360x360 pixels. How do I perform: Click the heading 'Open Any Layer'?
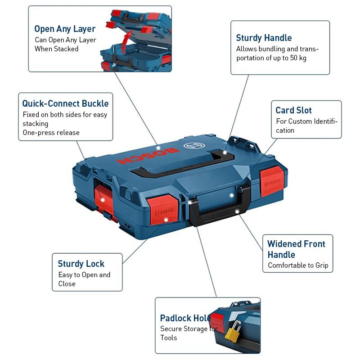[65, 29]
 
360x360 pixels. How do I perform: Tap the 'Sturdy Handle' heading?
[264, 38]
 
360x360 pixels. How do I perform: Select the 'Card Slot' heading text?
[293, 110]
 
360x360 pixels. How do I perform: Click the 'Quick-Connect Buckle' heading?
[65, 103]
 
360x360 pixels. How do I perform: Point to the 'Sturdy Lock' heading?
[81, 264]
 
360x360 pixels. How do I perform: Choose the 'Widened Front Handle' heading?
[296, 249]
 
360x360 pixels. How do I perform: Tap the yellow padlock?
[233, 335]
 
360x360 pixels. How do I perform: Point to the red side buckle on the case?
[103, 198]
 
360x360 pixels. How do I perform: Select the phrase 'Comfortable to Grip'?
[298, 265]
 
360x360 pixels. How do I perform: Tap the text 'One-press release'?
[51, 133]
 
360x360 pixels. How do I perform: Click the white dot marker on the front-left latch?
[166, 220]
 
